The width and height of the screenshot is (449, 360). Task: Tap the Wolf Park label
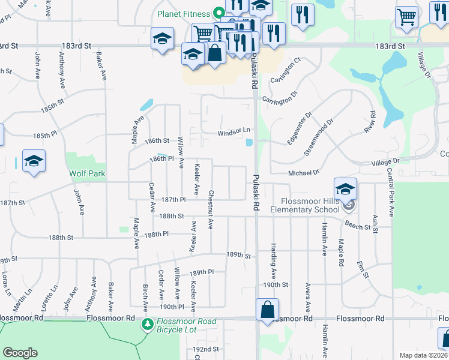[88, 174]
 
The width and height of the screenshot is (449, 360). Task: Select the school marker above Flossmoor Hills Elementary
[345, 189]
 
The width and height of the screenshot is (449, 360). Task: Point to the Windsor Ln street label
[234, 131]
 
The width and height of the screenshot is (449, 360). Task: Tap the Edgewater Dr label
[300, 128]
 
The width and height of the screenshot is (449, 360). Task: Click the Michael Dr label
[304, 172]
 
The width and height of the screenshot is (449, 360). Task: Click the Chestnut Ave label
[211, 209]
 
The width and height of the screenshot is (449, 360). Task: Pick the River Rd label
[369, 122]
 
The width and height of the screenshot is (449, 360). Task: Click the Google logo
[20, 353]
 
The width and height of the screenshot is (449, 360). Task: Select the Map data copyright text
[423, 355]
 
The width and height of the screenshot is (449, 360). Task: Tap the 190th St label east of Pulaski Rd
[276, 284]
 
